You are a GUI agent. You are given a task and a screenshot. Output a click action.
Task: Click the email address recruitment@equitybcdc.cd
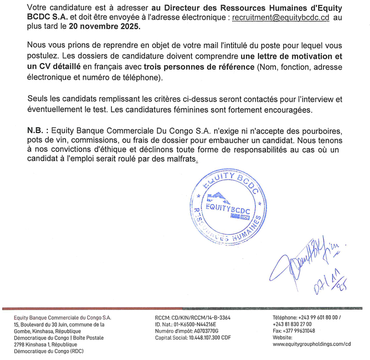click(x=280, y=18)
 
